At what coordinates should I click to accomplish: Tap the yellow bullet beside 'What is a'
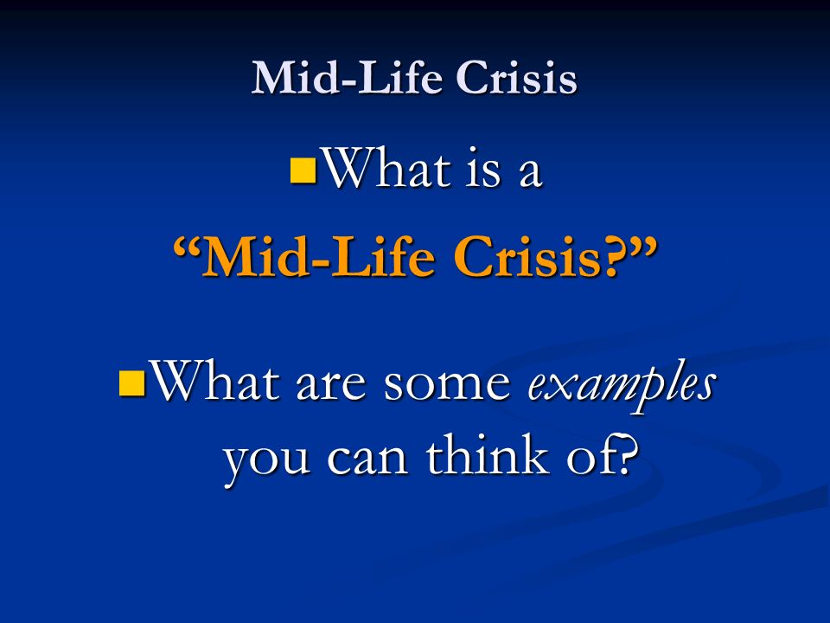303,170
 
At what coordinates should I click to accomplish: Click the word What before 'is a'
387,169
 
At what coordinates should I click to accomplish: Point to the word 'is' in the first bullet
482,170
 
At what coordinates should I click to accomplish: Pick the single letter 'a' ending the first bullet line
530,175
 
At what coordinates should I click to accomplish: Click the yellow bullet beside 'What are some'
132,383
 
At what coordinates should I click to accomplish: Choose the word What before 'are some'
215,381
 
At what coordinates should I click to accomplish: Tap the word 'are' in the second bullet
331,387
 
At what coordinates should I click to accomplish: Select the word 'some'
447,387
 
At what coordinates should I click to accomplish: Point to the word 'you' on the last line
267,462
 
